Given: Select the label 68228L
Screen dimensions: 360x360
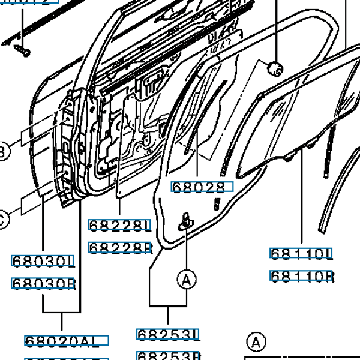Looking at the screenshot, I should pyautogui.click(x=119, y=225).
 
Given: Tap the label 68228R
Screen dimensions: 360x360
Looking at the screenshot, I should pyautogui.click(x=119, y=248).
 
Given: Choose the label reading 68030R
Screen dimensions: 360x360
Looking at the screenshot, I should pyautogui.click(x=43, y=283).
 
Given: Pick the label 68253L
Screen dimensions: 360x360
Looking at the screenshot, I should pyautogui.click(x=168, y=334).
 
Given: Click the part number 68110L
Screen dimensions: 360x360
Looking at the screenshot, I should pyautogui.click(x=301, y=254).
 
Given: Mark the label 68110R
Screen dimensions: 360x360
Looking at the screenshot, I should pyautogui.click(x=301, y=276).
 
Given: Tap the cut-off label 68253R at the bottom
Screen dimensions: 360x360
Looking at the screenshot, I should pyautogui.click(x=168, y=356).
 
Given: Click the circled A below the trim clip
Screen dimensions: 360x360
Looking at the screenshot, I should pyautogui.click(x=187, y=279).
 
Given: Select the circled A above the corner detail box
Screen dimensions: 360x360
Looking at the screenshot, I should pyautogui.click(x=256, y=343).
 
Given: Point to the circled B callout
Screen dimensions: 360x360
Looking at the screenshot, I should pyautogui.click(x=3, y=152).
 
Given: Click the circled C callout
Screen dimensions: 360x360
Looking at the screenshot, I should pyautogui.click(x=3, y=220).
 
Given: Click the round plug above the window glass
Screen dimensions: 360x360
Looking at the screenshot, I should pyautogui.click(x=274, y=68).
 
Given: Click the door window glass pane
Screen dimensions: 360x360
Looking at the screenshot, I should pyautogui.click(x=300, y=120).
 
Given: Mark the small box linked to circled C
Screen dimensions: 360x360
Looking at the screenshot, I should pyautogui.click(x=34, y=204).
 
